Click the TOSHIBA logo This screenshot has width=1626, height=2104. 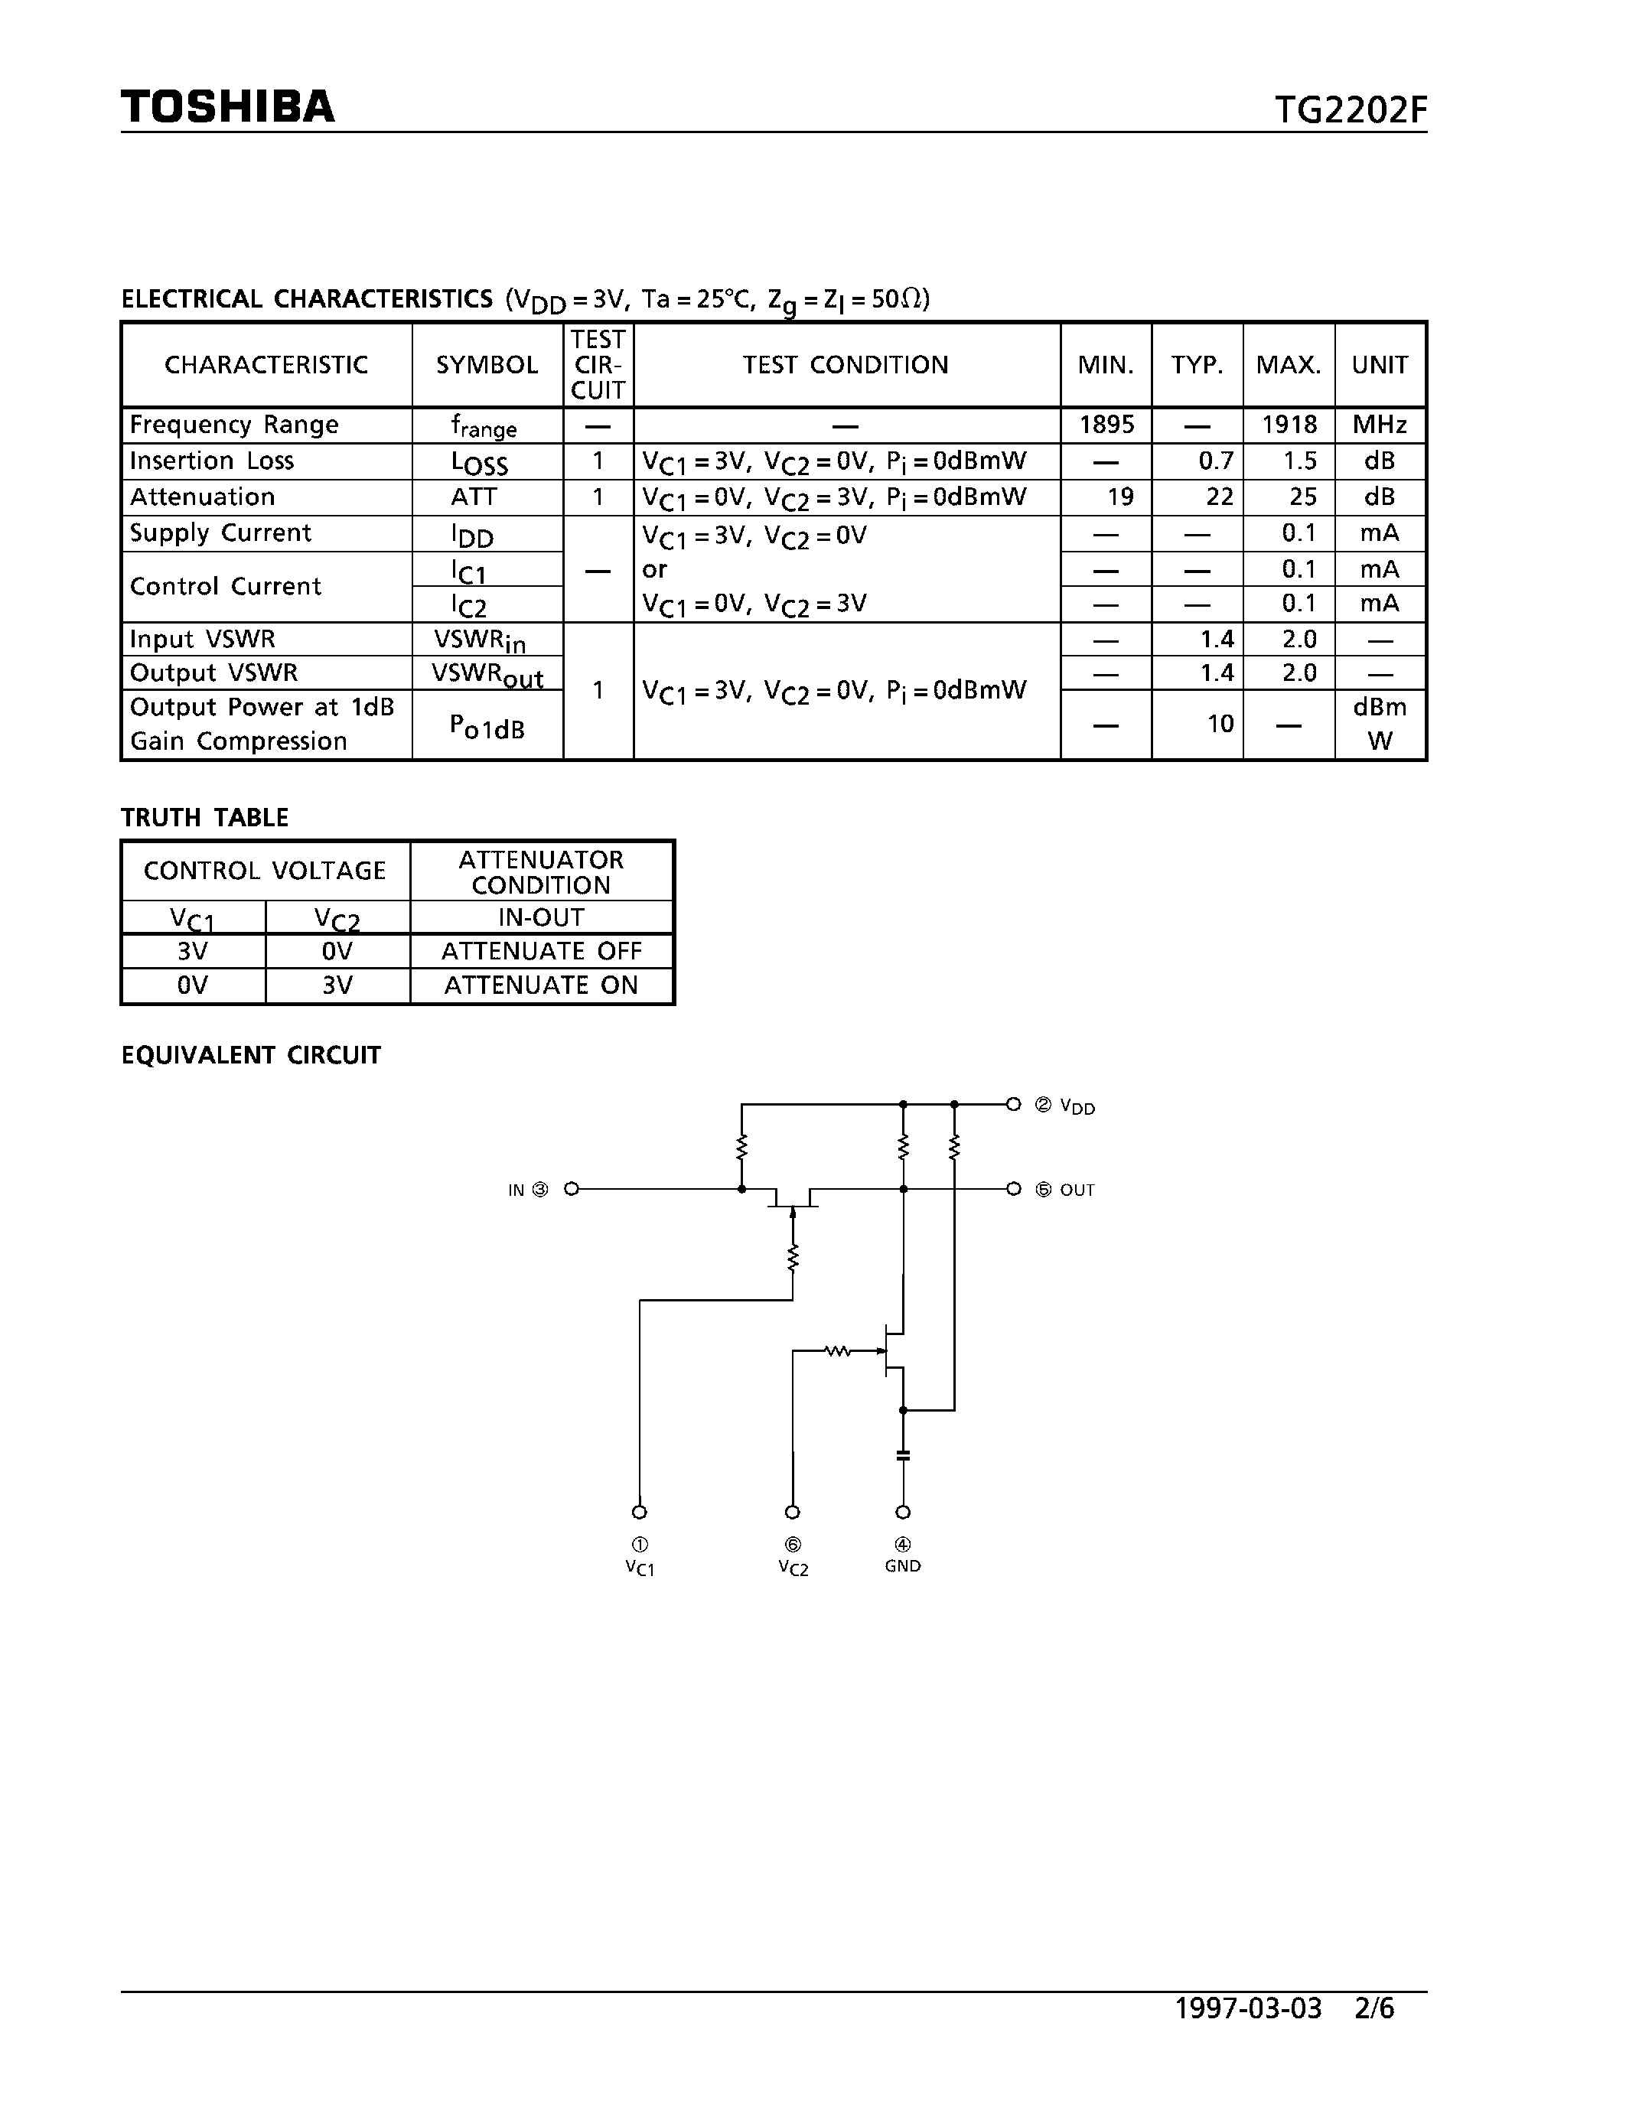pyautogui.click(x=227, y=107)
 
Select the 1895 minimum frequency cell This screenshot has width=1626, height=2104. pyautogui.click(x=1106, y=425)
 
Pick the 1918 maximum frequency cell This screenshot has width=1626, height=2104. pyautogui.click(x=1289, y=425)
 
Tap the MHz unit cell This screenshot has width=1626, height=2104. pyautogui.click(x=1380, y=425)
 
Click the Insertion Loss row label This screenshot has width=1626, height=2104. pyautogui.click(x=211, y=461)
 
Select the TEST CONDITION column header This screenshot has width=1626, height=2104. pyautogui.click(x=845, y=365)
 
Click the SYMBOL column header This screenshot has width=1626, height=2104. pyautogui.click(x=487, y=365)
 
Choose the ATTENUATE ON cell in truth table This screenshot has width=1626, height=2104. pyautogui.click(x=540, y=985)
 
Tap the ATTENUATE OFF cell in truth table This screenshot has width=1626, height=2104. pyautogui.click(x=540, y=952)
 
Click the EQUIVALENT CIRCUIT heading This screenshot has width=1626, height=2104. pyautogui.click(x=250, y=1056)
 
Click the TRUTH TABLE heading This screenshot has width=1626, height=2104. pyautogui.click(x=204, y=818)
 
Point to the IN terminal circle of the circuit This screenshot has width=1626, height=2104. pyautogui.click(x=572, y=1189)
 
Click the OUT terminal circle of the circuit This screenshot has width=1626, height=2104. pyautogui.click(x=1013, y=1189)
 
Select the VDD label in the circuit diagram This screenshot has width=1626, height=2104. pyautogui.click(x=1077, y=1107)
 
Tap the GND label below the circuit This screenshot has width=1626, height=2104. pyautogui.click(x=903, y=1566)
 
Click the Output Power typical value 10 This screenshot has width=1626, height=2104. pyautogui.click(x=1220, y=724)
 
